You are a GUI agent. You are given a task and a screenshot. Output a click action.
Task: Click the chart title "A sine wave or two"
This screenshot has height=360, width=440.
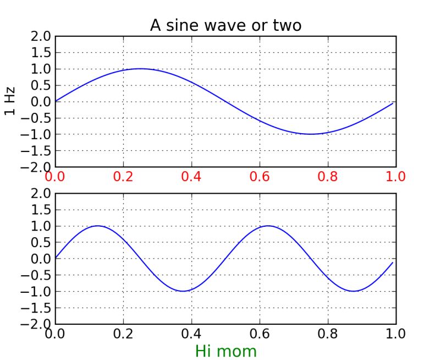226,25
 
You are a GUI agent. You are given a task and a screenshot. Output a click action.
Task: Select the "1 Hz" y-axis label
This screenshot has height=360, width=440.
10,101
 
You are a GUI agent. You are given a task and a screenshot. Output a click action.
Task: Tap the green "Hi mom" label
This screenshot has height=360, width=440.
226,351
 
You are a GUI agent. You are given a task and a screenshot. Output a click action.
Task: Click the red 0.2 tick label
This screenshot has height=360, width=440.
123,177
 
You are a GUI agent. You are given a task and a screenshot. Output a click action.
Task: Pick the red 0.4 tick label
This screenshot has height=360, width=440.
191,177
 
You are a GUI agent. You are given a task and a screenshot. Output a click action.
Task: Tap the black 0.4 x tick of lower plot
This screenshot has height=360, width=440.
191,334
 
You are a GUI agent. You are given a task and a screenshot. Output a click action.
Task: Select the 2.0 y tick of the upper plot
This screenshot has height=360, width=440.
42,36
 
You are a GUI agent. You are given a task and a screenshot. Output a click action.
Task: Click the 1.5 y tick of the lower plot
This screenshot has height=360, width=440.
42,210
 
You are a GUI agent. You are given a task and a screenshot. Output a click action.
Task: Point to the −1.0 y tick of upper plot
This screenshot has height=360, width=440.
37,134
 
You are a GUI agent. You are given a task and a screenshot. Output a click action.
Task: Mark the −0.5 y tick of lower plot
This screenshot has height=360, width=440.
37,275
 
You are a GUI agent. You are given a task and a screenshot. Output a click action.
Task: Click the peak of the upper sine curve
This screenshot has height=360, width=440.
140,69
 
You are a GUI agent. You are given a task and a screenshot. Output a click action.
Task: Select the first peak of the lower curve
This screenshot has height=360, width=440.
98,226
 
